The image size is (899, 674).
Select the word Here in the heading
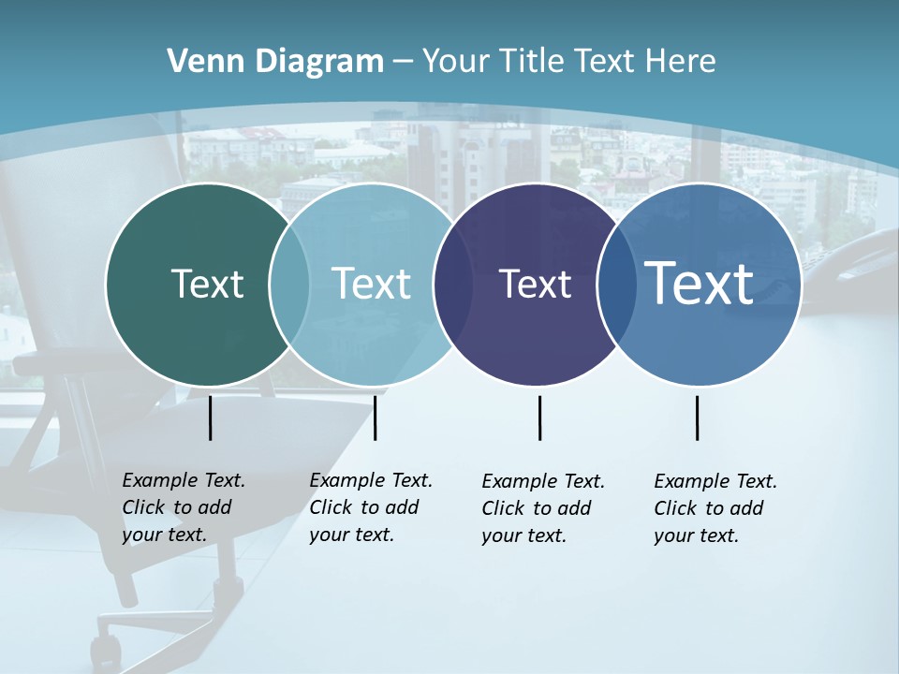681,62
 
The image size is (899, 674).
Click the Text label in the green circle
207,284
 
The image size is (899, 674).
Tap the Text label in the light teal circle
371,284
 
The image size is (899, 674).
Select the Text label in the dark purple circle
535,284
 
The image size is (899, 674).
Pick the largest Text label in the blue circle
700,284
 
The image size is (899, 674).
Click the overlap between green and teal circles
289,284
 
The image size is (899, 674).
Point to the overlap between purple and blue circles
616,284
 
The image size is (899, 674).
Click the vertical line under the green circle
211,418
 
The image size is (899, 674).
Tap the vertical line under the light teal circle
375,418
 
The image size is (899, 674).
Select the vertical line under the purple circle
539,418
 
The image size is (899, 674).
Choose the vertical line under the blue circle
698,418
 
